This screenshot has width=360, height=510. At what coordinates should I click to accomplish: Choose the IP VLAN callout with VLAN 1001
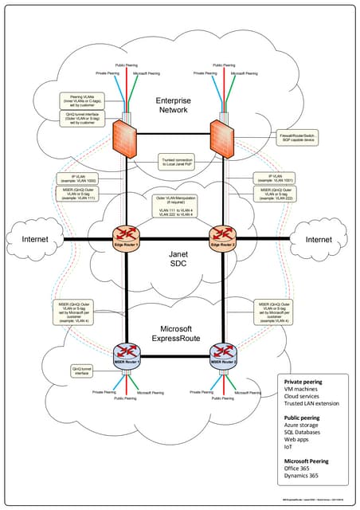click(272, 179)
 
